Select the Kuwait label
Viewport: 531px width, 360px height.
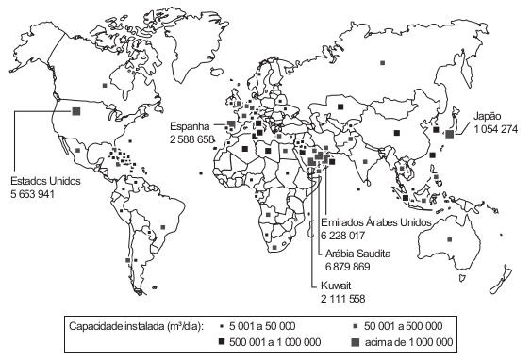327,285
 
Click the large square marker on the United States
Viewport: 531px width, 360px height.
76,110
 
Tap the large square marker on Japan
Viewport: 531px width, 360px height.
450,134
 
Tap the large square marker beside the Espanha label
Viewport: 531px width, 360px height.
230,123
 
